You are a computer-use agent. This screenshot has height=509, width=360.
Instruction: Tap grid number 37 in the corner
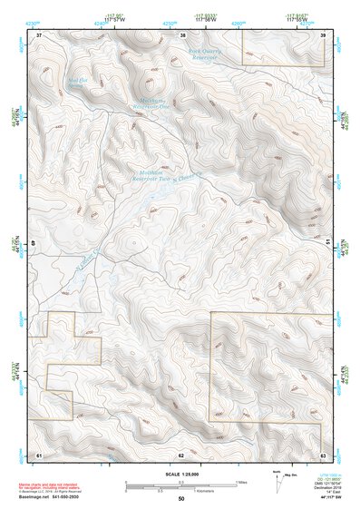(39, 34)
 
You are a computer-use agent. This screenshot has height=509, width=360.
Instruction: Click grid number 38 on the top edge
(182, 34)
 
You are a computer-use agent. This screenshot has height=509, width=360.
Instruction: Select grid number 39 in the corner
(323, 34)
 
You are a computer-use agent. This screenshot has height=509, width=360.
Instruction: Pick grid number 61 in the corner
(39, 453)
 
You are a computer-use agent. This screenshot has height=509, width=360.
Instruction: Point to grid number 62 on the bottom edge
(181, 453)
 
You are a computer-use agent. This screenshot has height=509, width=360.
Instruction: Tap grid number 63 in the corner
(323, 453)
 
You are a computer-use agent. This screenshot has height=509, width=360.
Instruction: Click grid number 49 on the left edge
(34, 243)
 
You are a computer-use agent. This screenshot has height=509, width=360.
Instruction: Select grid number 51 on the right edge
(327, 243)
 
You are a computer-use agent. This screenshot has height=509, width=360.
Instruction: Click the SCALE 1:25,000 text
(180, 474)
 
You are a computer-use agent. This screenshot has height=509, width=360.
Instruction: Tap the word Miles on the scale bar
(243, 481)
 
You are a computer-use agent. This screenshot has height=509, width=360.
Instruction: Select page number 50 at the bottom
(181, 499)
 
